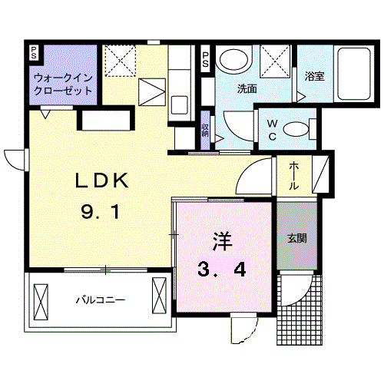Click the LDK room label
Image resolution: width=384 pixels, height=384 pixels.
pos(101,180)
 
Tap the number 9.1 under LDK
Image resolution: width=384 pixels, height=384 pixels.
pos(100,212)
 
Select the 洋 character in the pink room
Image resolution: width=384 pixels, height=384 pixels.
pos(222,241)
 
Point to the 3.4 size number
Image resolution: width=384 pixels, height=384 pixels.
pos(222,269)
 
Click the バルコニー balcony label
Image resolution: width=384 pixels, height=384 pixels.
pos(101,300)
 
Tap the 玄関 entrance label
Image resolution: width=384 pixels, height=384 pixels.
pos(297,238)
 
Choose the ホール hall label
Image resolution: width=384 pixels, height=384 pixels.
pos(294,175)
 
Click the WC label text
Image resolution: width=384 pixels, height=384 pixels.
pos(272,130)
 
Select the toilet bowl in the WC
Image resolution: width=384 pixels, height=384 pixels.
pos(296,129)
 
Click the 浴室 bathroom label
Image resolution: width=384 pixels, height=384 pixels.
pos(315,76)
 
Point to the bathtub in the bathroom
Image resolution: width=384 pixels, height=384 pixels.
pos(354,74)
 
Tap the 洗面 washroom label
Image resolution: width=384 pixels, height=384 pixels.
pos(247,88)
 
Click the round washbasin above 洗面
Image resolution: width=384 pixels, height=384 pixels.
pos(233,60)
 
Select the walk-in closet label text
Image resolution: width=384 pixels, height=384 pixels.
pos(63,84)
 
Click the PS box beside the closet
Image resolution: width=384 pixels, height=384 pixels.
pos(34,53)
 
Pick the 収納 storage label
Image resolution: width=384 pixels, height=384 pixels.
pos(205,130)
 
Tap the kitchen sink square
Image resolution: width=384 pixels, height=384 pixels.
pos(179,105)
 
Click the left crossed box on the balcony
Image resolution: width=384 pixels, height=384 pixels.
pos(41,302)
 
